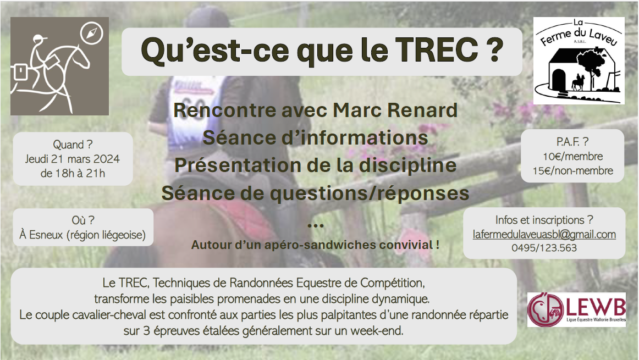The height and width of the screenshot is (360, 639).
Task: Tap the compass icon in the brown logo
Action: (x=91, y=32)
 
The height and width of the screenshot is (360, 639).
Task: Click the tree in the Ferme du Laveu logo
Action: (x=588, y=65)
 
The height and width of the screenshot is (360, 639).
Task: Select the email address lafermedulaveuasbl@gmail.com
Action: (x=544, y=235)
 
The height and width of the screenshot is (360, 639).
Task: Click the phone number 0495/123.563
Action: (x=544, y=247)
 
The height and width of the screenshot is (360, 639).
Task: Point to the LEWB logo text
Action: (x=594, y=306)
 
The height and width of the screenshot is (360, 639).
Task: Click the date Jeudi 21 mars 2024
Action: (x=73, y=159)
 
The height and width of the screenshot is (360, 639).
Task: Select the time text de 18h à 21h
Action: (x=73, y=174)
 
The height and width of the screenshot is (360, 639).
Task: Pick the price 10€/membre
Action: (x=572, y=157)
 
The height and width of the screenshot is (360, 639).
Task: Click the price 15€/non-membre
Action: (x=572, y=170)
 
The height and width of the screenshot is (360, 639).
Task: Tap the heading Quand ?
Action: (x=73, y=145)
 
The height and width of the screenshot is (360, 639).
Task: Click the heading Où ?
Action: (x=83, y=220)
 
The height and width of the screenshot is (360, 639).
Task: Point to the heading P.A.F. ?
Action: (x=572, y=142)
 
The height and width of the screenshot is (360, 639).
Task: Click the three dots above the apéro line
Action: (x=316, y=225)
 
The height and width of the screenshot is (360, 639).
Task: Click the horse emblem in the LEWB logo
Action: (x=546, y=309)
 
